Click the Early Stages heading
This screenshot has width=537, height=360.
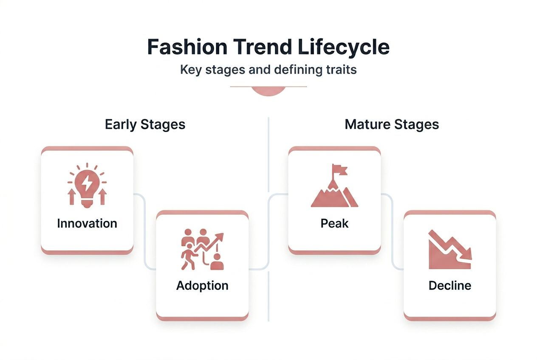(145, 124)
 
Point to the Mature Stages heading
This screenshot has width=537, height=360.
(392, 124)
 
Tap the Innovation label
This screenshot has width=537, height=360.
(87, 223)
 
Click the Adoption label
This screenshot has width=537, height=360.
(202, 285)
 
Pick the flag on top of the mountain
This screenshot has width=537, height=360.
(340, 170)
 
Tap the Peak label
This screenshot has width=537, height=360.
(334, 223)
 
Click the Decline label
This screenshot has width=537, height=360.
(450, 285)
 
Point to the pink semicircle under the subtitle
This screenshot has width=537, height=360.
(268, 91)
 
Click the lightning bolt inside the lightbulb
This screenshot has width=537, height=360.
(87, 183)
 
